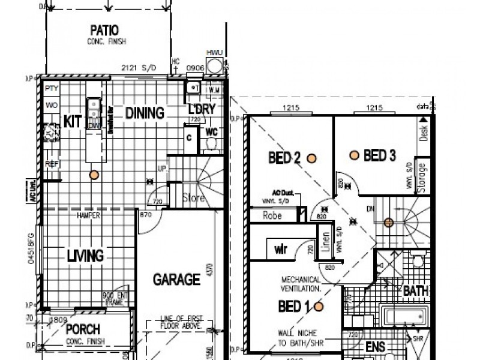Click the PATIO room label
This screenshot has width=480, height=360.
click(104, 30)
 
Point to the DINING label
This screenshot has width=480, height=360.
click(144, 113)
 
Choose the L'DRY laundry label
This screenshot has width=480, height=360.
click(202, 112)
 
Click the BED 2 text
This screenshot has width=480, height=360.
click(284, 158)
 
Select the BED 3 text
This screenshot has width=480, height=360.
click(379, 156)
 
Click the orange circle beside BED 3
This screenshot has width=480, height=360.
click(355, 155)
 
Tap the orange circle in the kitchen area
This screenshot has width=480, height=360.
click(93, 175)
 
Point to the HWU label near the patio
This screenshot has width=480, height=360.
click(214, 53)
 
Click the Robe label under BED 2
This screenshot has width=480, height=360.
click(272, 214)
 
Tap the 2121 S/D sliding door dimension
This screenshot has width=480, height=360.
click(139, 68)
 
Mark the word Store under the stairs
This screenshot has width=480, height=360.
click(194, 198)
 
